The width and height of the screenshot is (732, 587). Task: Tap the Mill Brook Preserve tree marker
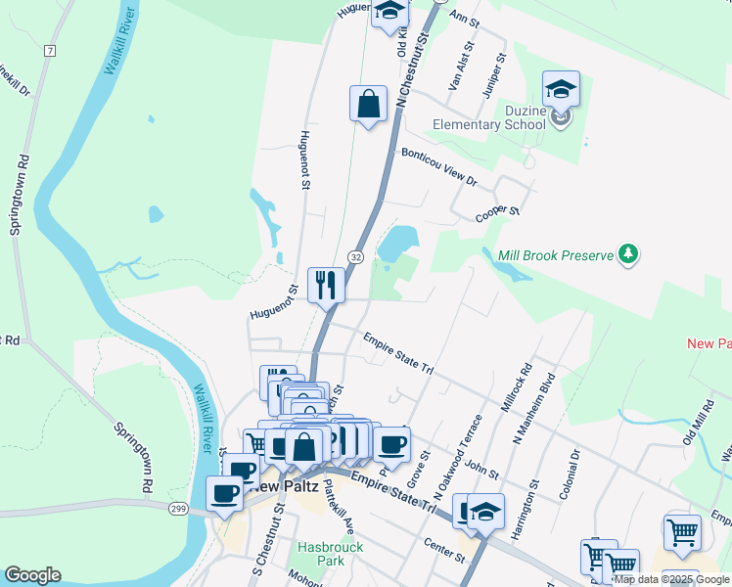click(x=627, y=255)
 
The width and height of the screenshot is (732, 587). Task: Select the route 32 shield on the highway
click(x=356, y=256)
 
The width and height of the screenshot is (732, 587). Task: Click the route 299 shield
click(x=177, y=509)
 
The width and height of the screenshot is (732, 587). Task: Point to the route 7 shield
click(x=49, y=49)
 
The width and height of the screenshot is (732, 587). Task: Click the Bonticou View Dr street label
click(x=438, y=167)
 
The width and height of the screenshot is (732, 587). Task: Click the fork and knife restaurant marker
click(x=326, y=286)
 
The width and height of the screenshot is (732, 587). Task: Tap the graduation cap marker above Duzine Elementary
click(x=562, y=89)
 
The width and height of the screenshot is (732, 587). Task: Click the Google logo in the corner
click(x=32, y=575)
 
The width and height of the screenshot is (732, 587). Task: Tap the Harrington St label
click(x=534, y=499)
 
